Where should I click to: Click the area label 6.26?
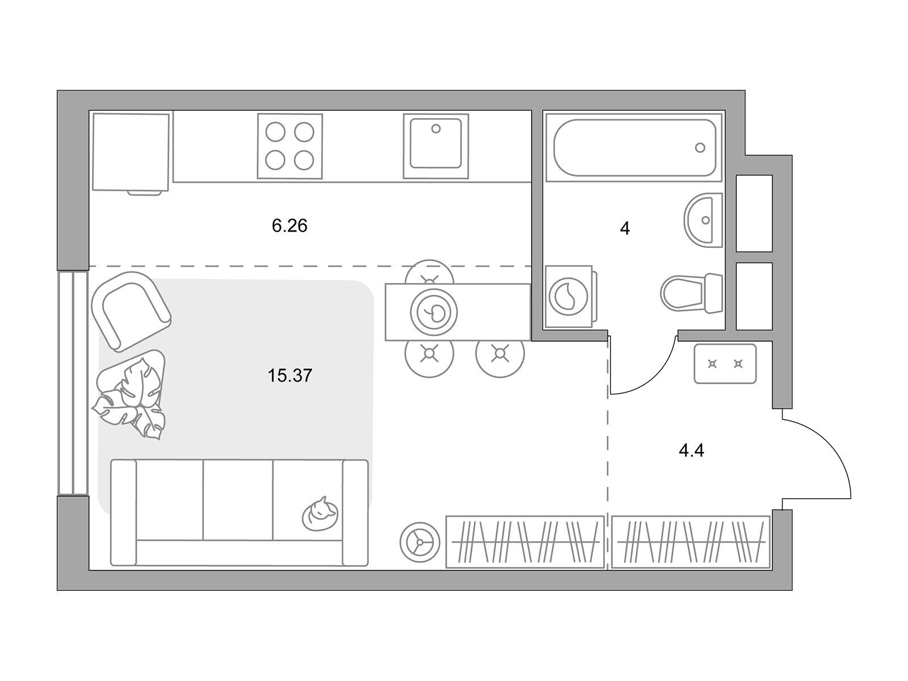coord(289,226)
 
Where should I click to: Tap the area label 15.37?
coord(289,376)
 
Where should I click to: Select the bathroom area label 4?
coord(625,228)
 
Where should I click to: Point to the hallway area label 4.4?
coord(691,450)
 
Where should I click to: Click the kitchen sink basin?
coord(436,144)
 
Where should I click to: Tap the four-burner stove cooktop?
coord(289,146)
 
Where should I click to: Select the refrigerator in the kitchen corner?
coord(131,153)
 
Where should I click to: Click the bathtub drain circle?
coord(700,148)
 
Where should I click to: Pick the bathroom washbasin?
coord(703,220)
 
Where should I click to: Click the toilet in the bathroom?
coord(692,293)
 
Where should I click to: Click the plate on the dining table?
coord(434,312)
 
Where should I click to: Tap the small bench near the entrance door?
coord(725,364)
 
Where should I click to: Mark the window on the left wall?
coord(73,383)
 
